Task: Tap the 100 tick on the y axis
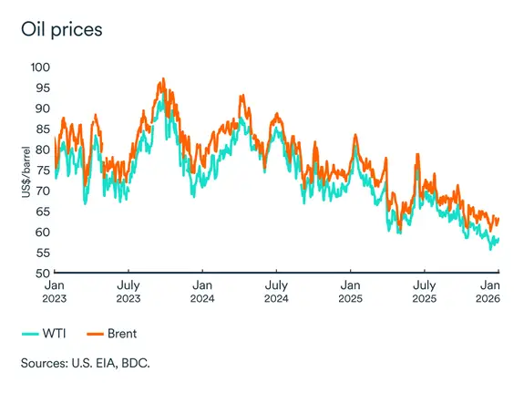(40, 67)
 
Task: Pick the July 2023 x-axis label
(128, 291)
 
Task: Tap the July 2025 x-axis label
(425, 291)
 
